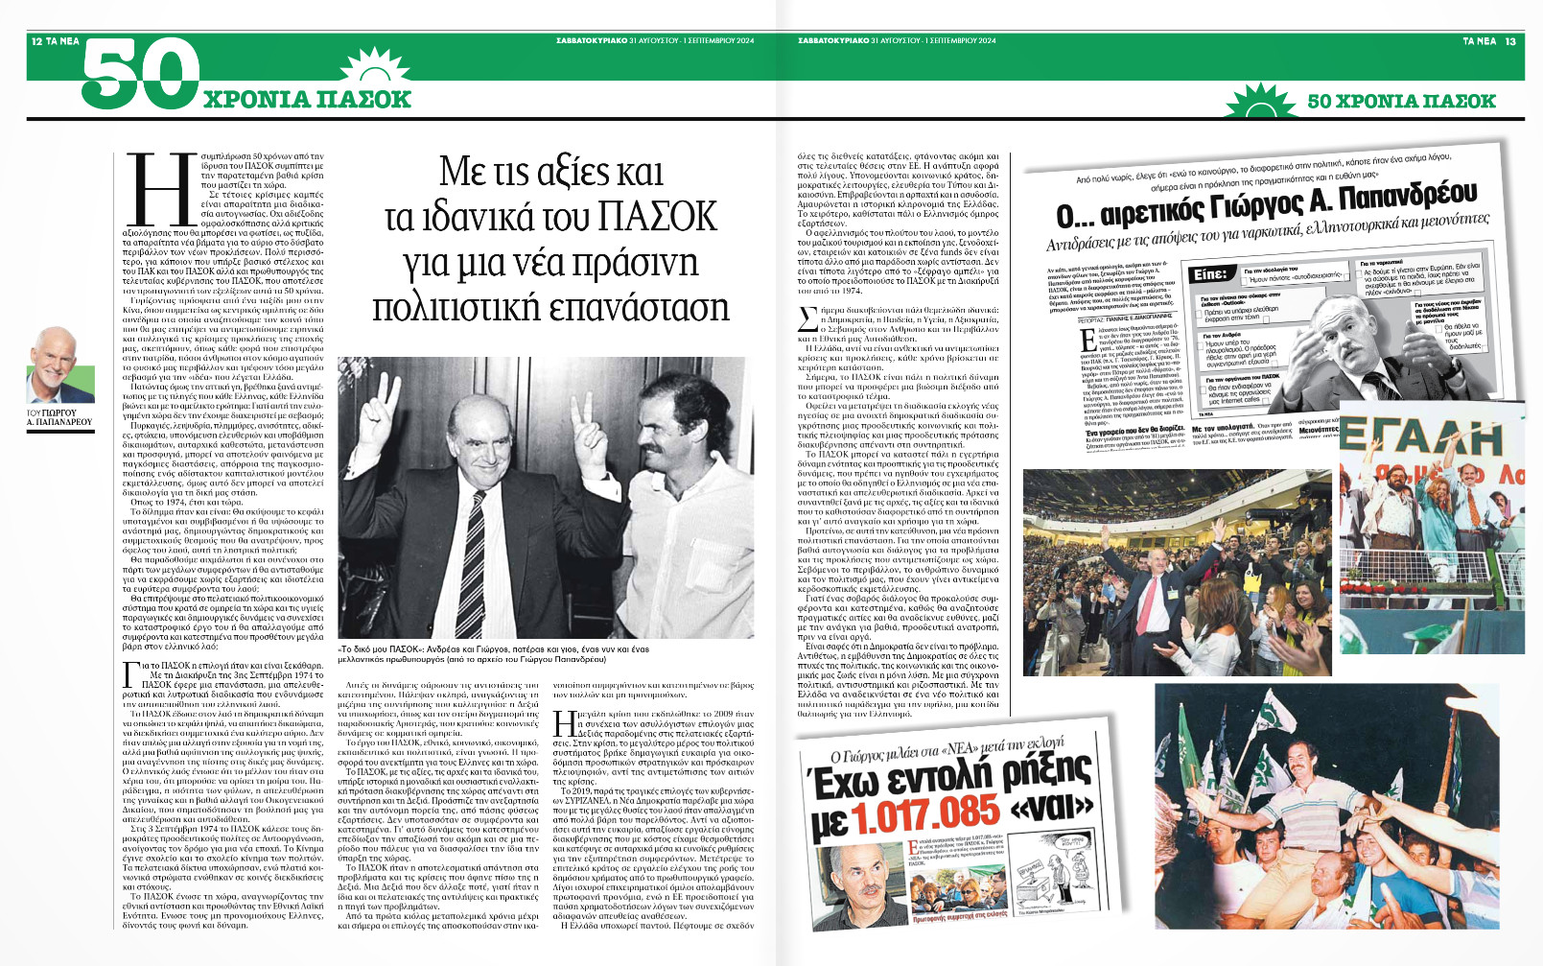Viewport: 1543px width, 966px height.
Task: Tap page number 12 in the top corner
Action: (36, 41)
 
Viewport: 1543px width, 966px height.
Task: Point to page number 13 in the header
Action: (1510, 41)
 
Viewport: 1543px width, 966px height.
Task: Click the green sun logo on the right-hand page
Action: (1261, 101)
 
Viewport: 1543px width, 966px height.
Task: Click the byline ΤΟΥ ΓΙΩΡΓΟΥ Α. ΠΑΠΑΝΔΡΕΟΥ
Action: (59, 416)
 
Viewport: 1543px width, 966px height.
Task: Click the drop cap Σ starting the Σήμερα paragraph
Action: (807, 320)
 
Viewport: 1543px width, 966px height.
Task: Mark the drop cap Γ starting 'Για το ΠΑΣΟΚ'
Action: (131, 677)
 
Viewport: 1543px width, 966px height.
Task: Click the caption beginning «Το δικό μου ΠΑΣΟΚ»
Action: (493, 655)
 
